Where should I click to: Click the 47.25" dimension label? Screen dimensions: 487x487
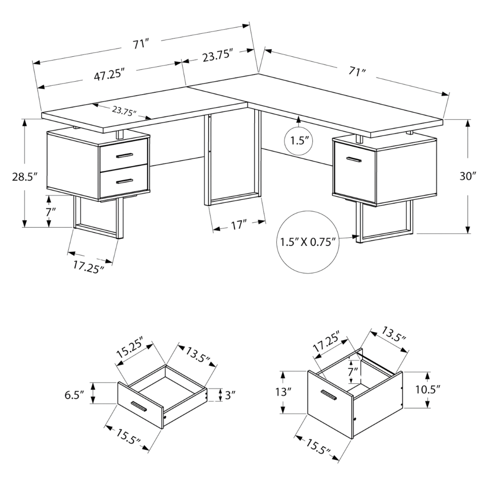tap(109, 74)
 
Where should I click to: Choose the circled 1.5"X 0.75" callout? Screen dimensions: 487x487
tap(308, 243)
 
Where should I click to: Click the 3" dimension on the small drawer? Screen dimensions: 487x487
tap(230, 395)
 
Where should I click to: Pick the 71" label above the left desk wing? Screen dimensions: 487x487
tap(140, 44)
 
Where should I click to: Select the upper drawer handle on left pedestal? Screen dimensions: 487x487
tap(124, 156)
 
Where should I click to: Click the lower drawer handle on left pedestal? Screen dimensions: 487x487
tap(124, 181)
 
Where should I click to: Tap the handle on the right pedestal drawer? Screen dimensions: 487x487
tap(354, 159)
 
